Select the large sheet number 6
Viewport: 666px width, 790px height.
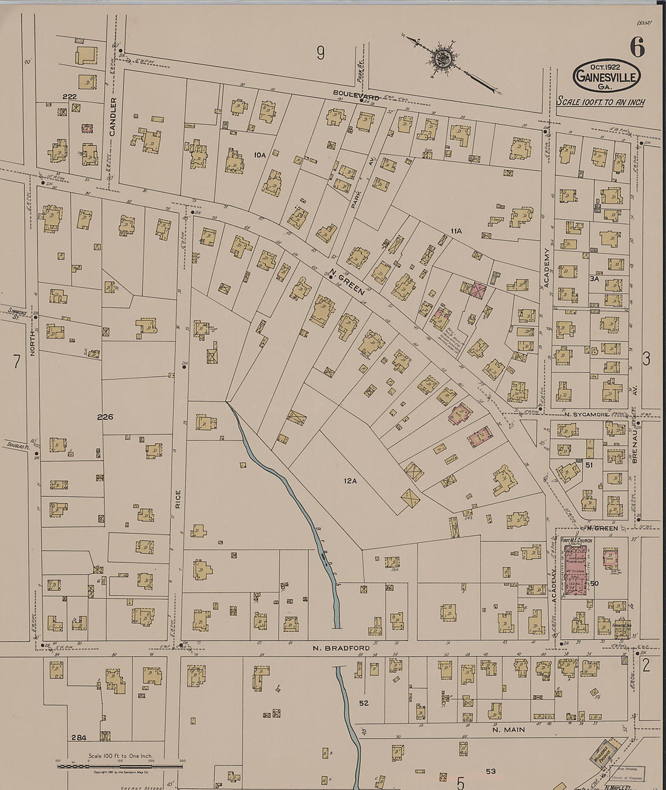pos(636,47)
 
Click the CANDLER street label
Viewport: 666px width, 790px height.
pos(113,117)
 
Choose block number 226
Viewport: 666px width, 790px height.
pos(105,417)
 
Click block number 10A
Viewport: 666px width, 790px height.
pos(260,156)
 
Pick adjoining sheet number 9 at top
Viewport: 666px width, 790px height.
pos(320,54)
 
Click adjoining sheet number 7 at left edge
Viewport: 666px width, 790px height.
pos(16,361)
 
